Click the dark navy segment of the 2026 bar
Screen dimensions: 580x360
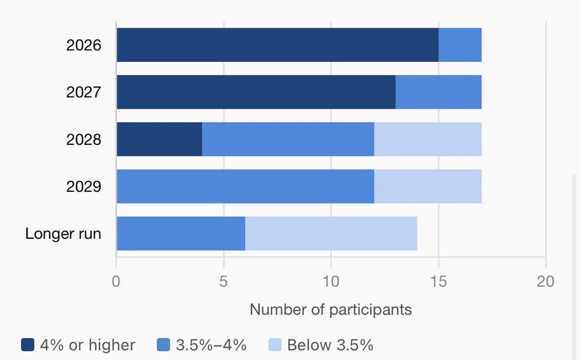278,45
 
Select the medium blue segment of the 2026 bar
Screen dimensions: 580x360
460,45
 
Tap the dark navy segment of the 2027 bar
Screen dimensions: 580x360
256,92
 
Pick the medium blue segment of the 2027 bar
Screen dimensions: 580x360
439,92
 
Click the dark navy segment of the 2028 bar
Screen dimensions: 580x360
159,139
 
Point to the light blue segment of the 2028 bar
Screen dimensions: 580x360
428,139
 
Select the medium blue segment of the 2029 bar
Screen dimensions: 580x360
246,186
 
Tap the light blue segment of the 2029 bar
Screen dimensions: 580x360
428,186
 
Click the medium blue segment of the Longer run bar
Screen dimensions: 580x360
181,234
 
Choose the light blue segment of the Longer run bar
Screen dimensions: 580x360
331,234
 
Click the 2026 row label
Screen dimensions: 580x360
83,45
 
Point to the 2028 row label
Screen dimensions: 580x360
83,140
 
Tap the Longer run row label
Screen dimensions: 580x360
63,234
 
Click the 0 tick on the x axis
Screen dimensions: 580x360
116,281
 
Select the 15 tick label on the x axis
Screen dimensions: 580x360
439,281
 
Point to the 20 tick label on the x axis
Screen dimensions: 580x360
546,281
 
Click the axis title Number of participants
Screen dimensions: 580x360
331,310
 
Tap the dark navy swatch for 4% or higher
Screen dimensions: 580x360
28,345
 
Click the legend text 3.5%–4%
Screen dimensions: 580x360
211,345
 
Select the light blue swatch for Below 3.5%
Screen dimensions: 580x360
275,345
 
